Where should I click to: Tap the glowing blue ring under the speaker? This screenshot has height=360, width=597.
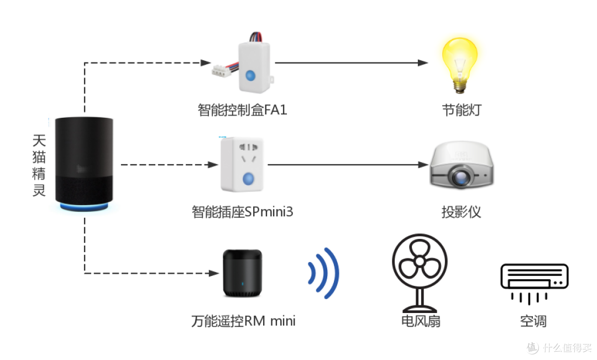(84, 207)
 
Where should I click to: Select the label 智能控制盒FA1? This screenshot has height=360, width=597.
(242, 109)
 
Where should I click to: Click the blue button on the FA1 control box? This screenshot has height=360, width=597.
(250, 75)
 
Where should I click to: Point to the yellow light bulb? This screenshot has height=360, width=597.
(459, 65)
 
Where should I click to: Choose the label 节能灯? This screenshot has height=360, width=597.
(462, 110)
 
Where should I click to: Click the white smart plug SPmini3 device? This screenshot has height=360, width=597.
(242, 165)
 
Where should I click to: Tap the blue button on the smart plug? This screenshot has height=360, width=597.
(248, 178)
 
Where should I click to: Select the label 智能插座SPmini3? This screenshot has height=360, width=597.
(243, 212)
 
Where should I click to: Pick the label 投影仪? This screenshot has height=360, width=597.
(461, 212)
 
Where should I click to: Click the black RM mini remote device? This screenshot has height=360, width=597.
(243, 273)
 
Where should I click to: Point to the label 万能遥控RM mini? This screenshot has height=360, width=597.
(243, 321)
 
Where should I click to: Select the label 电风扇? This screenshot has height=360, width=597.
(421, 321)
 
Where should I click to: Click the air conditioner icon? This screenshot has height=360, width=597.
(534, 284)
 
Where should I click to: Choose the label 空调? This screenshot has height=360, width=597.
(533, 321)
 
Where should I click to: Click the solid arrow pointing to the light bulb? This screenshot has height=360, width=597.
(352, 63)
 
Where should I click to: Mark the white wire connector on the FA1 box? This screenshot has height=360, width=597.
(222, 70)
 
